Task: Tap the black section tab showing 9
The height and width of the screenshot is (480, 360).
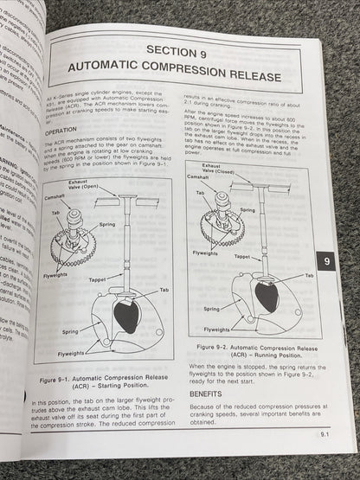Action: [x=323, y=259]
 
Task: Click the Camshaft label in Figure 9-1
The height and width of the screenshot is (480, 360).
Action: [x=52, y=198]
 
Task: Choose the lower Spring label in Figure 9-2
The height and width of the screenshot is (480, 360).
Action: [x=212, y=307]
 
